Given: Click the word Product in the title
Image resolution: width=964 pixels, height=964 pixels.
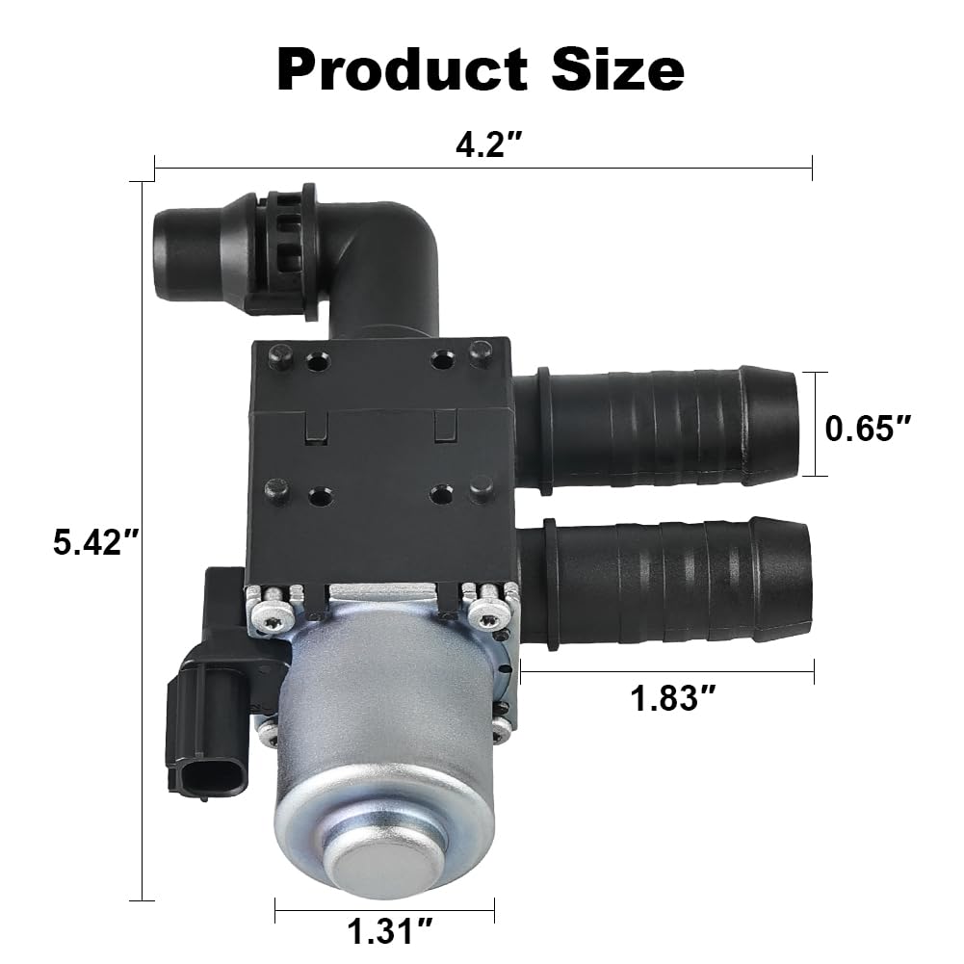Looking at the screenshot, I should pyautogui.click(x=403, y=69).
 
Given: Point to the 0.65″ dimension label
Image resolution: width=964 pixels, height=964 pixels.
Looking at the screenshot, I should pyautogui.click(x=870, y=425).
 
